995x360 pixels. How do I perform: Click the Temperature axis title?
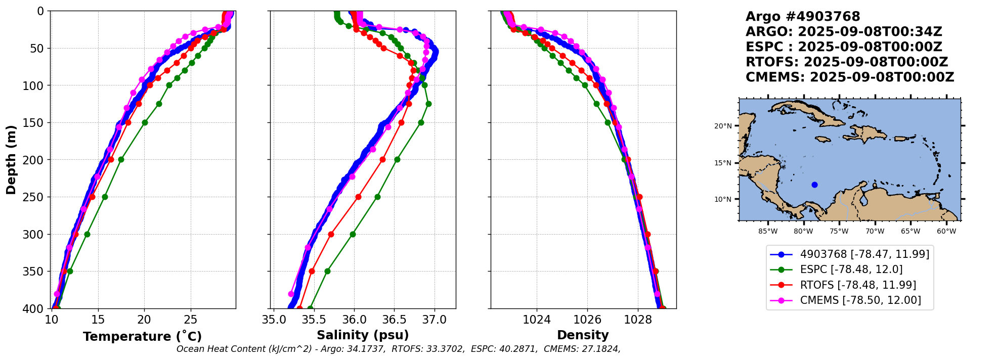pos(142,336)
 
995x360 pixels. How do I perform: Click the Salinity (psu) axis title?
pos(362,335)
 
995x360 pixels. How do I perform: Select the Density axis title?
pos(583,335)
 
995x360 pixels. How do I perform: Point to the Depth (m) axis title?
pos(11,159)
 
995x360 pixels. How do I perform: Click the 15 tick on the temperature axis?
pos(98,320)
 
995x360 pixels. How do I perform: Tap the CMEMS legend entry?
pos(860,300)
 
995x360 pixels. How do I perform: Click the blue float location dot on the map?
pos(814,185)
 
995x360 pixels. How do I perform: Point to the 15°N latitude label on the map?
pos(723,163)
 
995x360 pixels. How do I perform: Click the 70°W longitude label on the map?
pos(875,232)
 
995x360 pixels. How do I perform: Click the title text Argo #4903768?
pos(803,17)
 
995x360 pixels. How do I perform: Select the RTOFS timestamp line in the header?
pos(846,62)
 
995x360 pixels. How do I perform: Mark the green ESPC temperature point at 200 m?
pos(121,159)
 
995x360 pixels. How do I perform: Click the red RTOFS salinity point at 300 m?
pos(331,234)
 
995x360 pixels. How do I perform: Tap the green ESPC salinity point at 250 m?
pos(377,197)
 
